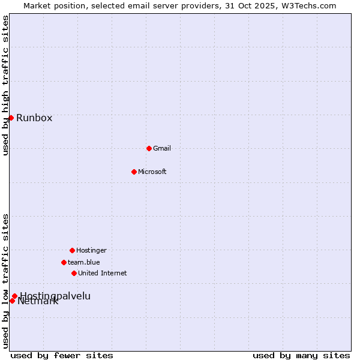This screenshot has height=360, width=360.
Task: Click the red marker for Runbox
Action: pos(11,118)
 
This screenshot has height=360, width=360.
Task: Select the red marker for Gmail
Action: pos(149,148)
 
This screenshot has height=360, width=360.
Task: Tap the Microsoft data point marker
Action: pos(134,172)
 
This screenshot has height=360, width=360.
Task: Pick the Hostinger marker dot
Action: pos(72,250)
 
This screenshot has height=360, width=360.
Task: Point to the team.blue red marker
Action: pos(64,262)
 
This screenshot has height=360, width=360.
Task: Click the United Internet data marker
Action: pos(74,273)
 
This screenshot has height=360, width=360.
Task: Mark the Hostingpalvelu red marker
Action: pos(14,296)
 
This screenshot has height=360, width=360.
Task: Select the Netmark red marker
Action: pos(12,301)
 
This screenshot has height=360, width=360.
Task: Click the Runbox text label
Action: pos(34,118)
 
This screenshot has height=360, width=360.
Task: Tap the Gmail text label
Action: pos(162,148)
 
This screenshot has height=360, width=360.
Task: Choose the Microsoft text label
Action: pos(152,172)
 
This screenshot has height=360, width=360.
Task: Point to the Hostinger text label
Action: pos(91,250)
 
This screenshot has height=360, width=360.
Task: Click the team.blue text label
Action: pos(84,262)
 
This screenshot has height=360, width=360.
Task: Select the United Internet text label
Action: pos(103,273)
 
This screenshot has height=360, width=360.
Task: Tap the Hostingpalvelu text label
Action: pos(55,296)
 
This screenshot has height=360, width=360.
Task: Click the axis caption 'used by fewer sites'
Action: pos(62,355)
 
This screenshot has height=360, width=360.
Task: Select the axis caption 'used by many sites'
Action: pos(301,355)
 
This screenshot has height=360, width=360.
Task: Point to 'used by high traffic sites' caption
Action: pos(5,85)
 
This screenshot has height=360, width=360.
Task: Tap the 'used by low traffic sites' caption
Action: pos(5,281)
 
